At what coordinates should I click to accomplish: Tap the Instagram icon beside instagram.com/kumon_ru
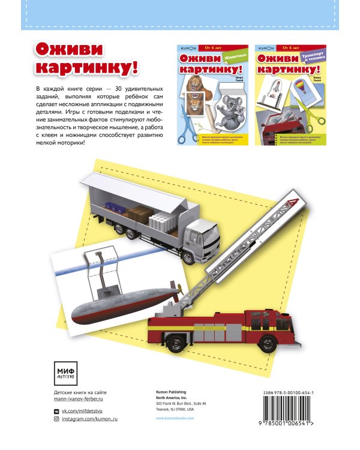57,420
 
